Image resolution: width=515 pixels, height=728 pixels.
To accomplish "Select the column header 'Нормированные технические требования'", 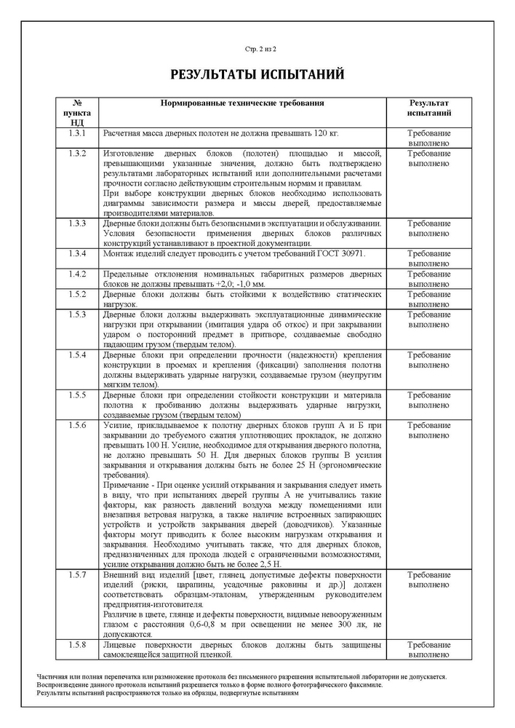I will point(242,103).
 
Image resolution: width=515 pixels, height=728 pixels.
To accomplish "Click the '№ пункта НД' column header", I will point(77,114).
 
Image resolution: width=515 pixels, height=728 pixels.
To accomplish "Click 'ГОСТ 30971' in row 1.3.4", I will point(340,253).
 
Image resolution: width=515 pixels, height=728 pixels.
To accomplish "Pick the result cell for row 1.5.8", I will point(428,650).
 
